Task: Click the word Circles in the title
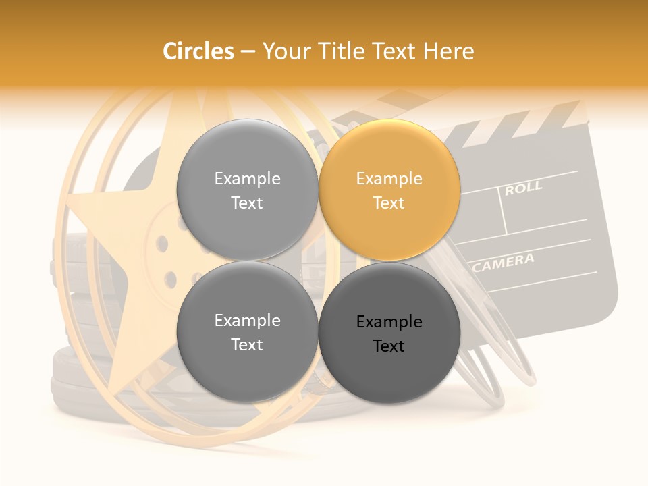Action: pyautogui.click(x=198, y=51)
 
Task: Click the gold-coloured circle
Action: pyautogui.click(x=389, y=190)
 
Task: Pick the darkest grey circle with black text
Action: pyautogui.click(x=389, y=333)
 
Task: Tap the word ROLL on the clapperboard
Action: pyautogui.click(x=523, y=188)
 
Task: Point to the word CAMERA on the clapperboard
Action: pyautogui.click(x=504, y=262)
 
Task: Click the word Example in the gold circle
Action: pyautogui.click(x=389, y=178)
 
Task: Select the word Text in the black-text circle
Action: pyautogui.click(x=389, y=346)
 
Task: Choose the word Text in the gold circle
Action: pyautogui.click(x=389, y=202)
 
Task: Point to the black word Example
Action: pyautogui.click(x=389, y=321)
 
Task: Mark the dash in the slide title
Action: pyautogui.click(x=248, y=51)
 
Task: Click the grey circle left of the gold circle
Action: pyautogui.click(x=248, y=190)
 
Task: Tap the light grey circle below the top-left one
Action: pyautogui.click(x=248, y=331)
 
